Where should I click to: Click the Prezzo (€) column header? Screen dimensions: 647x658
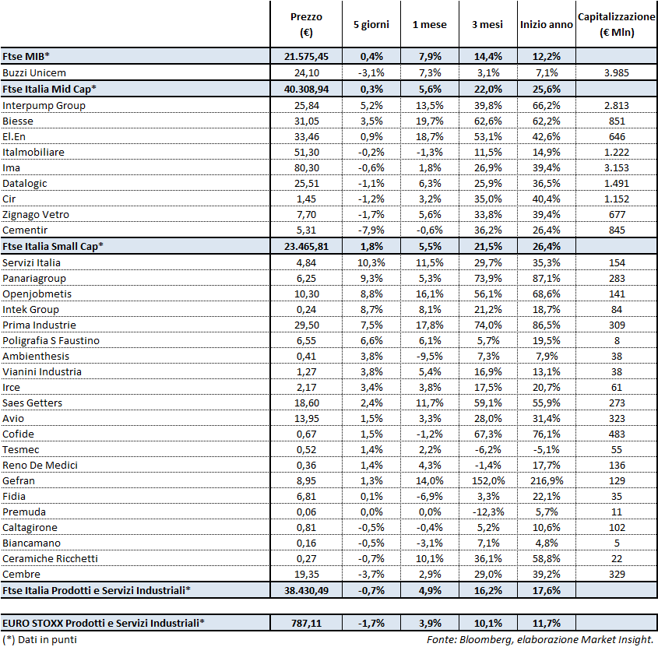pos(305,24)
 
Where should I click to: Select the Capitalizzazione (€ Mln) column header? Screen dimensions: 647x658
pos(617,24)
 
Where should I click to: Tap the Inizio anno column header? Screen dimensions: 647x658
pos(546,25)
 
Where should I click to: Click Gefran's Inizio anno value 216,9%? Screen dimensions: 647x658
pos(546,480)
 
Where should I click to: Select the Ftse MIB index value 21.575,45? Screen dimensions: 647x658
pos(306,57)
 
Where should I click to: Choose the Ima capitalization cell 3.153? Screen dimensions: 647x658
pos(617,167)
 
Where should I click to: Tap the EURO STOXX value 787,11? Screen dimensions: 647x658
pos(306,623)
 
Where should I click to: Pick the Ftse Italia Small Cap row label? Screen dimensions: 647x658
pos(53,246)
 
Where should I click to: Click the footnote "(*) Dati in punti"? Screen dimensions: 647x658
pos(40,640)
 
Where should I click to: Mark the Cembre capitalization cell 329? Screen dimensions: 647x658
pos(617,574)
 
